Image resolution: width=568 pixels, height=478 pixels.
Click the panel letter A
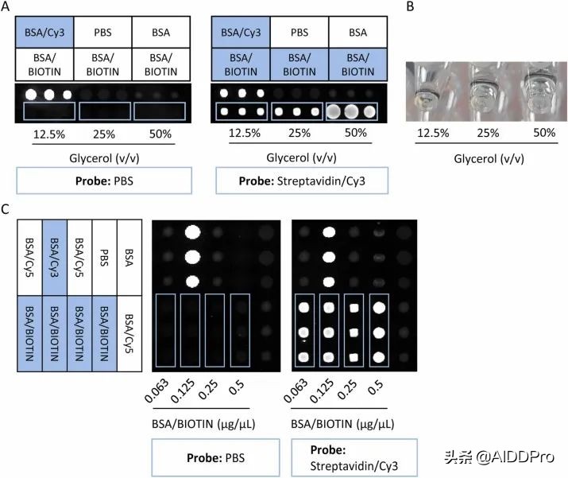[x=6, y=7]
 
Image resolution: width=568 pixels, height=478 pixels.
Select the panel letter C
[x=6, y=209]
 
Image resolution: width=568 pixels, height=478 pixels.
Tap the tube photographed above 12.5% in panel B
[x=427, y=89]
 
